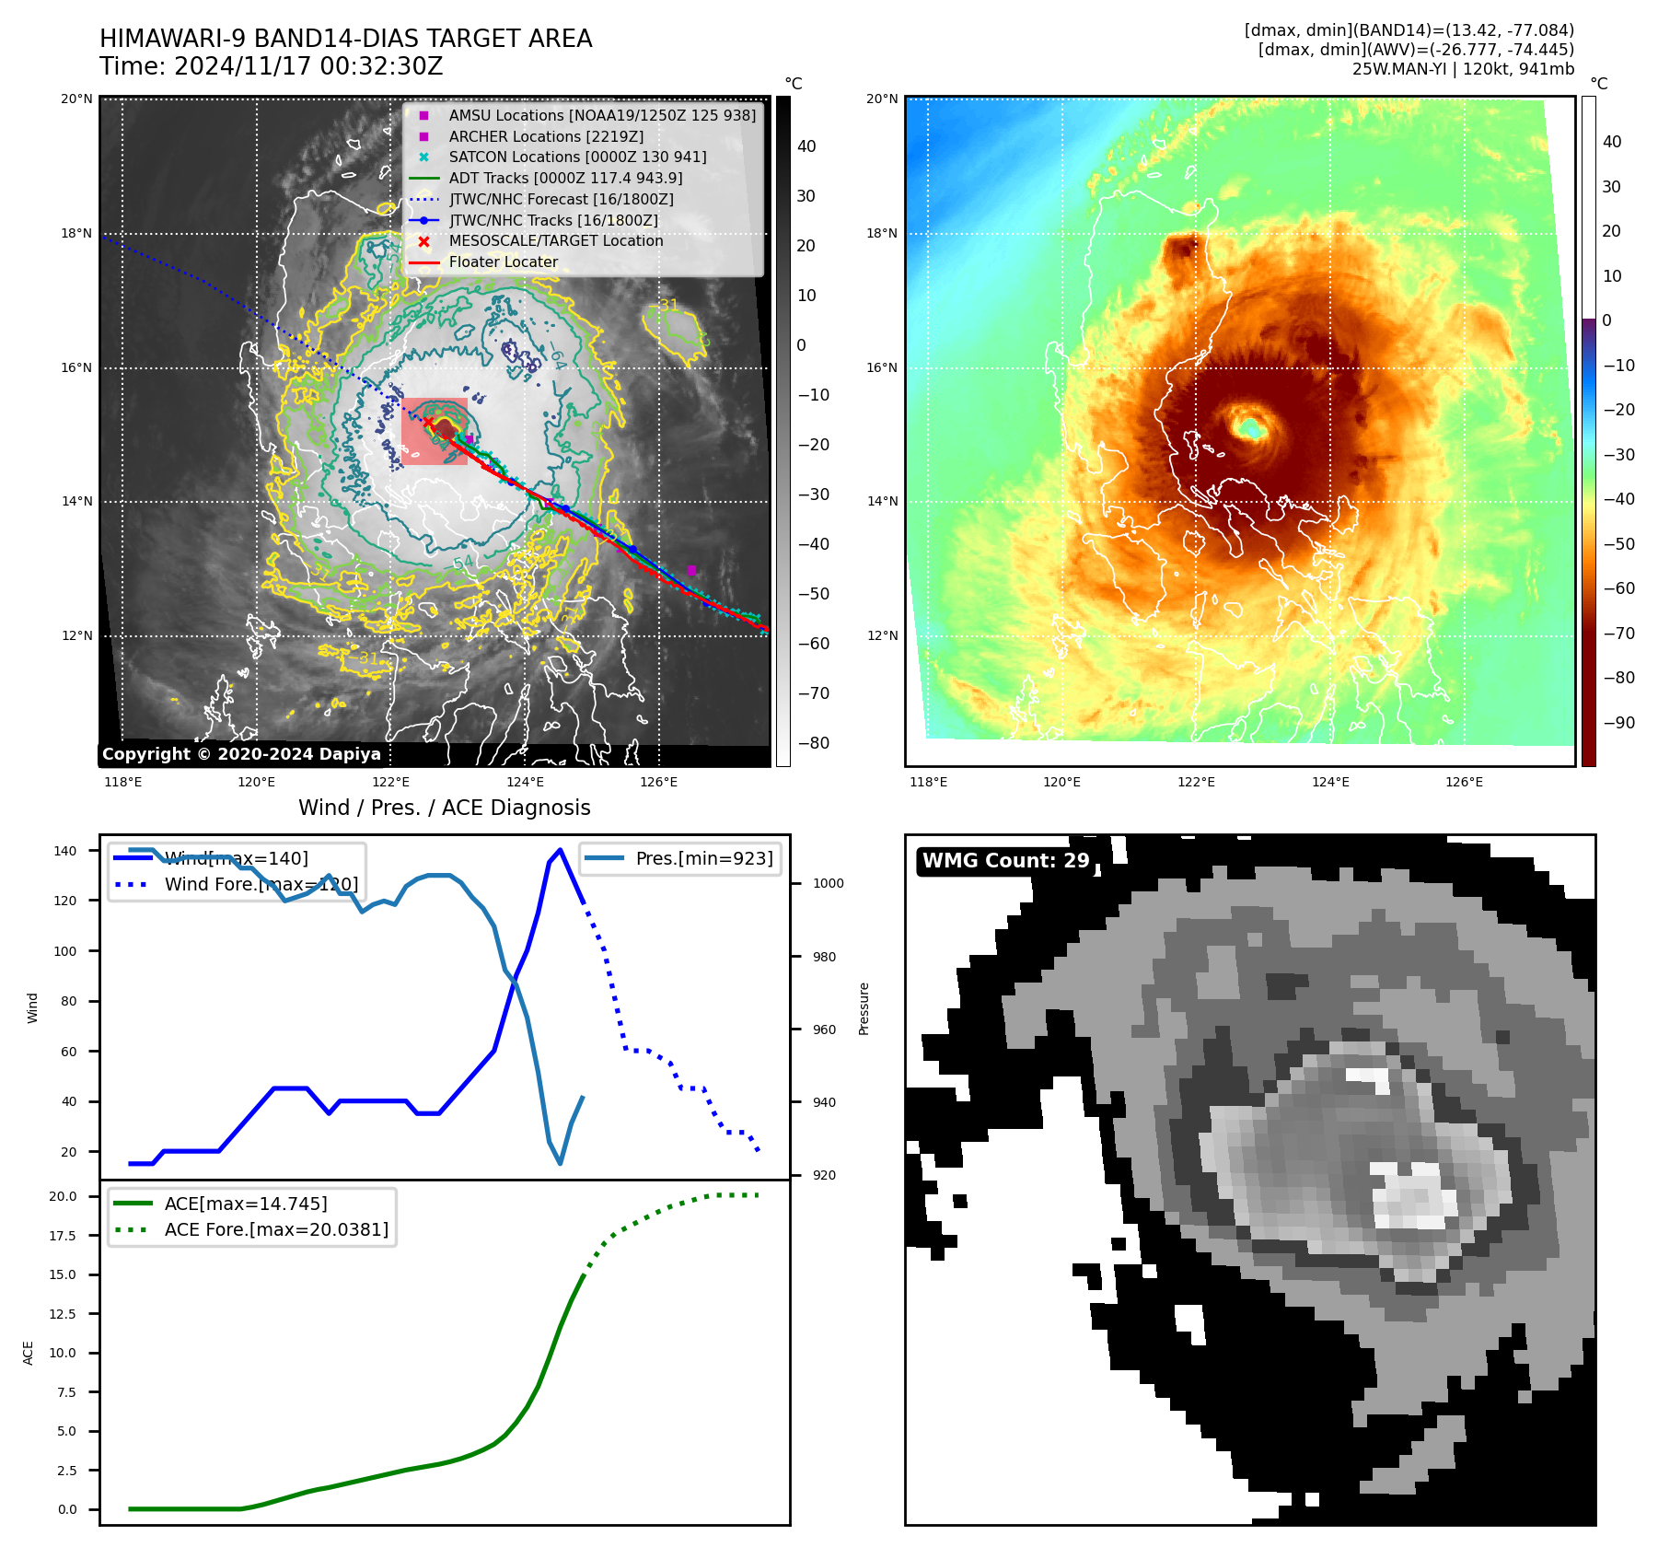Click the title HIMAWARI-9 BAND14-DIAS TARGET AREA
coord(345,39)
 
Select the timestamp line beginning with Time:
coord(272,66)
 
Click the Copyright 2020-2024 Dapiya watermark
coord(241,754)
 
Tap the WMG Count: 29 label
coord(1005,861)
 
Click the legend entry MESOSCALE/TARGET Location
coord(555,240)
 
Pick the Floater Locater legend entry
coord(503,262)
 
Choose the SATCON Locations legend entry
coord(577,157)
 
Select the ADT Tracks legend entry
coord(565,178)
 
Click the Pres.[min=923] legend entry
coord(703,858)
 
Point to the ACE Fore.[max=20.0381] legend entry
coord(276,1229)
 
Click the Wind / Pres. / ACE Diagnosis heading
coord(444,808)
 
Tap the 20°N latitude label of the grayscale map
coord(76,99)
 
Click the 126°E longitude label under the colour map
coord(1464,782)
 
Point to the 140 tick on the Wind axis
coord(65,851)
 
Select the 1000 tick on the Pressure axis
coord(828,883)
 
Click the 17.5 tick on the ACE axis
coord(63,1236)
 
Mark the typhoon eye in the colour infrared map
coord(1251,427)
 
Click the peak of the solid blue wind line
coord(561,849)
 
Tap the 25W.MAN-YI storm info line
coord(1463,69)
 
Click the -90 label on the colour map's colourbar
coord(1618,722)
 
